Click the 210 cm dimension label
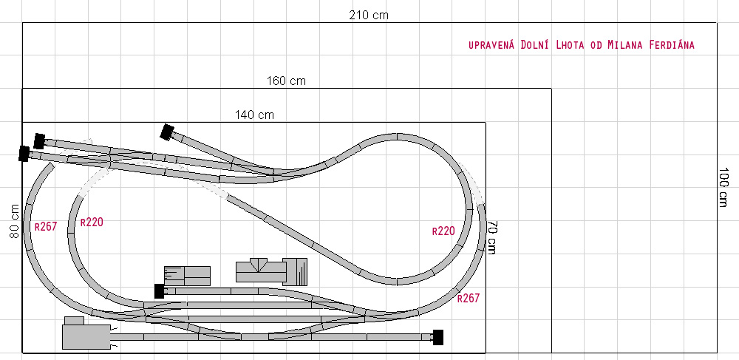click(369, 15)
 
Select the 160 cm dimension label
click(286, 81)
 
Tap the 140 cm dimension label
click(254, 115)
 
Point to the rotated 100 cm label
click(725, 186)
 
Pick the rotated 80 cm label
click(15, 220)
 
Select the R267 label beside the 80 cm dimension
click(46, 227)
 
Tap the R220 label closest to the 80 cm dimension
click(92, 222)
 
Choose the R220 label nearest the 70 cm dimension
click(443, 231)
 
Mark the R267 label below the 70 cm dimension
click(468, 298)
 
